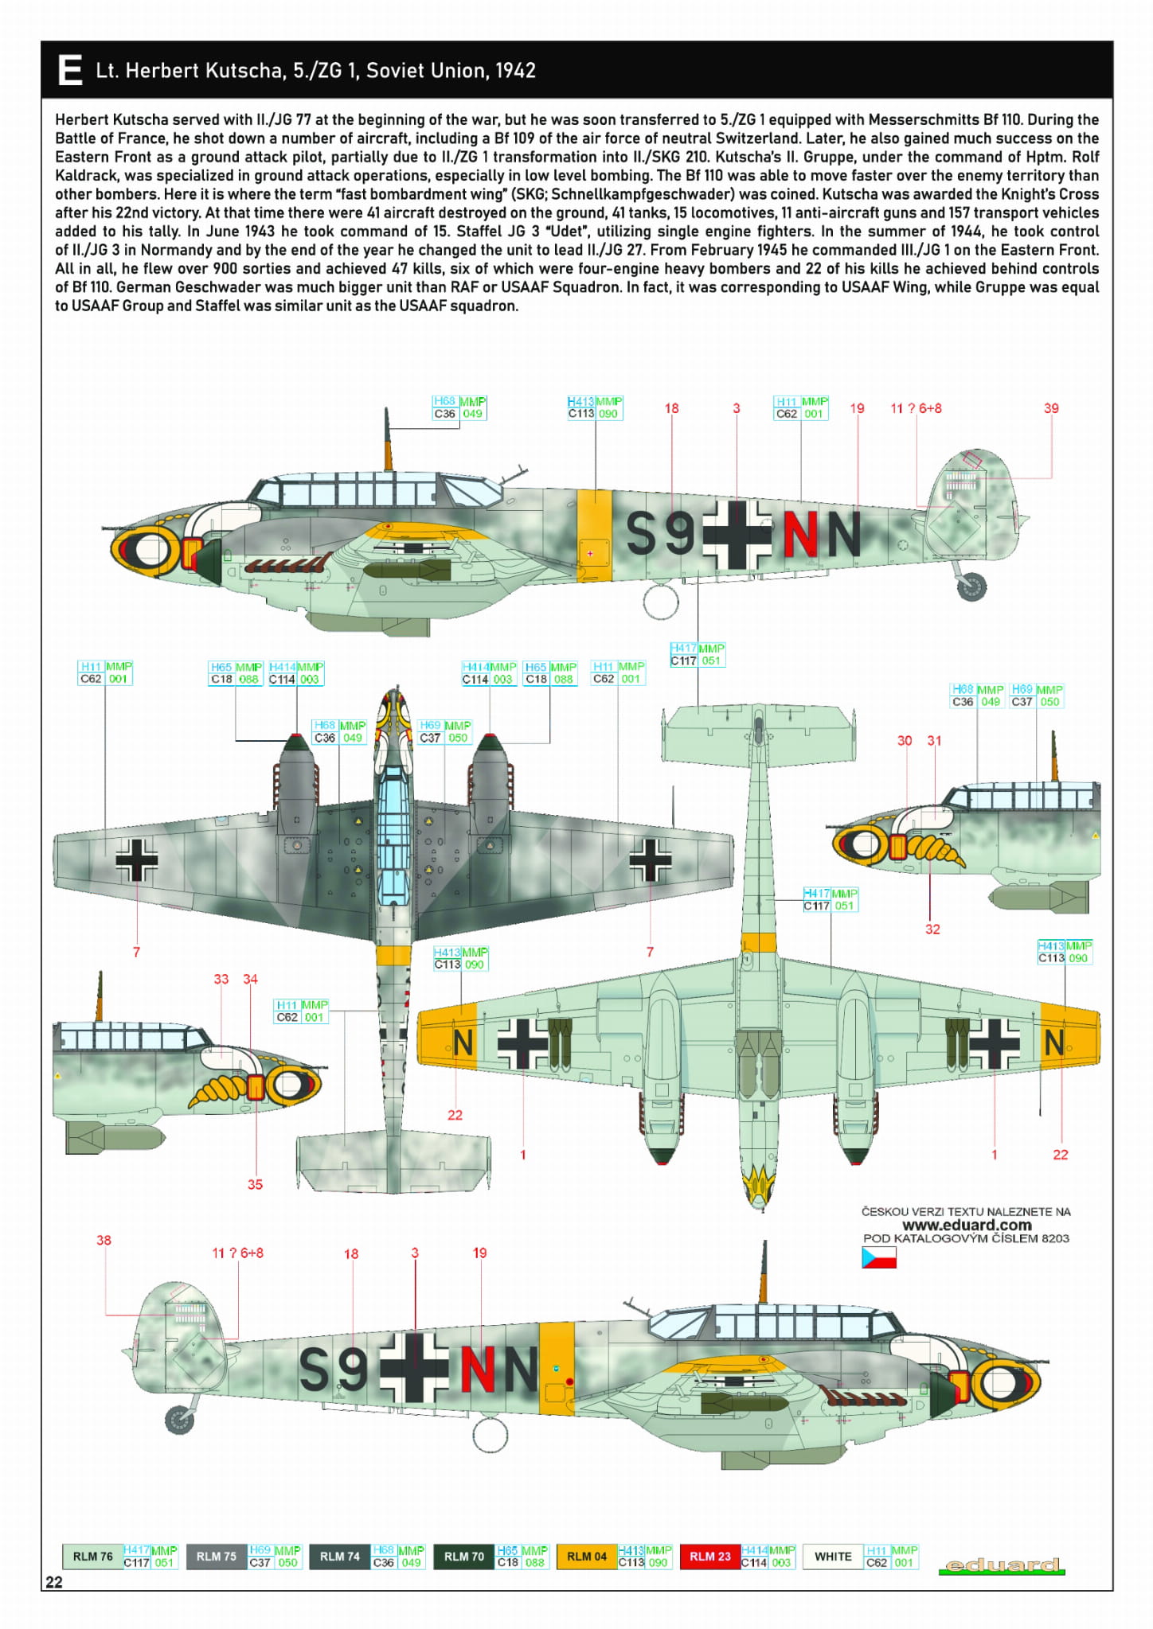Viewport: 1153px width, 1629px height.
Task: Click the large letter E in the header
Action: click(x=70, y=70)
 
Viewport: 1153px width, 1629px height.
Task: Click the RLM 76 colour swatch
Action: click(x=92, y=1556)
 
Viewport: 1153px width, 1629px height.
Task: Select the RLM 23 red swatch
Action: click(x=709, y=1556)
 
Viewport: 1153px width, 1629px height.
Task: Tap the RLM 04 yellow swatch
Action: click(x=586, y=1556)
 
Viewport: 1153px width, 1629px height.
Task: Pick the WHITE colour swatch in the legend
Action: click(x=833, y=1556)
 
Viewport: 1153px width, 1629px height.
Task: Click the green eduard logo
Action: click(x=1001, y=1565)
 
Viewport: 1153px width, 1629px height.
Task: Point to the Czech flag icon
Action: click(x=878, y=1257)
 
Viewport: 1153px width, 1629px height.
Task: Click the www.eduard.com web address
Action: click(x=966, y=1225)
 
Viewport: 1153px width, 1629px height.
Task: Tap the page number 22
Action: click(x=54, y=1582)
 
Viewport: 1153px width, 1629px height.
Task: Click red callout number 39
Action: click(x=1051, y=408)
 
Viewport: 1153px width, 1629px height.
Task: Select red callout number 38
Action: click(x=104, y=1240)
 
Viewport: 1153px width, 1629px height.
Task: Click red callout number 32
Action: click(x=932, y=929)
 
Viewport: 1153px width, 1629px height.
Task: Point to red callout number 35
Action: click(x=255, y=1184)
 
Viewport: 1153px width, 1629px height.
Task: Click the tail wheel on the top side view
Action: click(x=972, y=587)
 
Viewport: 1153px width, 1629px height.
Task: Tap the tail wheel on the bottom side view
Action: click(x=180, y=1420)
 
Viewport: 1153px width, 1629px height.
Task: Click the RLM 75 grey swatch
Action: click(x=216, y=1556)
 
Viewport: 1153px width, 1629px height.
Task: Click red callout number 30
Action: click(x=905, y=740)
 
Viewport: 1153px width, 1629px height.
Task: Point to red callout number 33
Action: click(x=221, y=979)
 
